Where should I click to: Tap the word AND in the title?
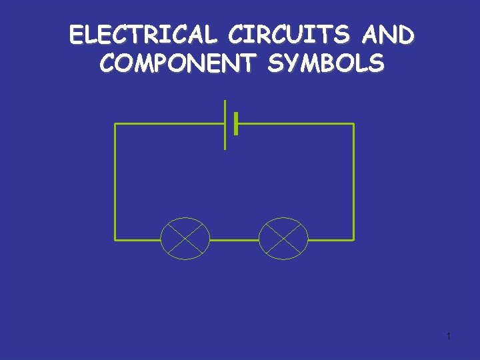(x=389, y=35)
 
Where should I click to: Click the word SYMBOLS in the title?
(x=327, y=63)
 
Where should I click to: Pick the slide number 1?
(x=449, y=336)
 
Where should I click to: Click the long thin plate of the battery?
(x=225, y=125)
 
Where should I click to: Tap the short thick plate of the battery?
(x=236, y=124)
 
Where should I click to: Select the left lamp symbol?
(x=185, y=238)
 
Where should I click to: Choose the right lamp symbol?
(x=283, y=238)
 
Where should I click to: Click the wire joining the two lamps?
(x=234, y=239)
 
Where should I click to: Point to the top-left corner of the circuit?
(x=115, y=124)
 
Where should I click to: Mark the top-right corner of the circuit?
(x=353, y=124)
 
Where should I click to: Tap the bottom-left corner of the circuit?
(x=115, y=239)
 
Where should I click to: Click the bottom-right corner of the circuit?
(x=353, y=239)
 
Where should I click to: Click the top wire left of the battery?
(x=170, y=124)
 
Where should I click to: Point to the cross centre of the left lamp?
(x=185, y=239)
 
